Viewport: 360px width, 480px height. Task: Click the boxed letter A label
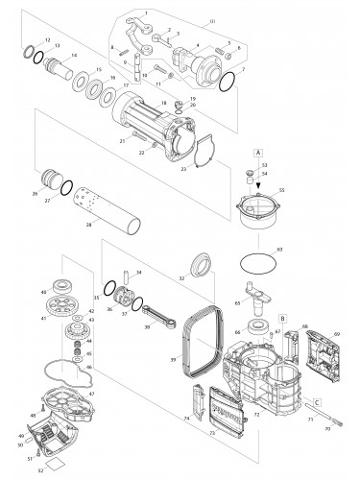(258, 152)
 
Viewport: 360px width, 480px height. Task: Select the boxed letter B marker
(283, 316)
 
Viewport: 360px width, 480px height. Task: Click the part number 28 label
(88, 224)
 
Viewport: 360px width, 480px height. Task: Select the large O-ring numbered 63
(255, 260)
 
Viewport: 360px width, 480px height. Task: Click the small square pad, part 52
(55, 460)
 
